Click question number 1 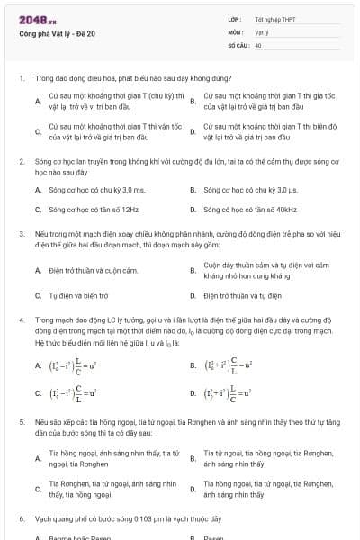pos(21,78)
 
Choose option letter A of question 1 pos(38,100)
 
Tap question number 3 pos(21,233)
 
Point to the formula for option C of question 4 pos(77,392)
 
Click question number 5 pos(21,421)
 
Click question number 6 pos(21,519)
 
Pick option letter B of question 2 pos(193,190)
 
